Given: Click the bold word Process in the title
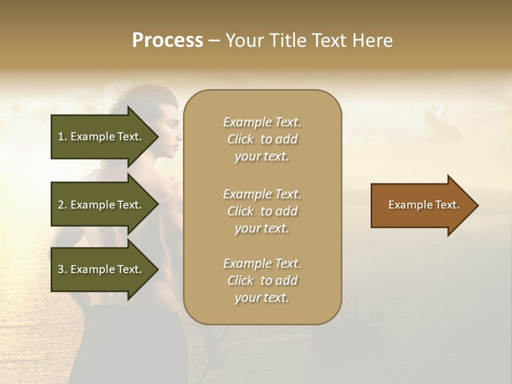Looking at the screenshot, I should tap(167, 41).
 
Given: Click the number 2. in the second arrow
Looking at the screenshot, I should tap(62, 205).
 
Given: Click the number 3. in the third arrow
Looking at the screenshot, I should tap(62, 269).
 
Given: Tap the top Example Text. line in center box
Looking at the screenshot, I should tap(262, 122).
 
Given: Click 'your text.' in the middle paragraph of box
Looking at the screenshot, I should tap(261, 228).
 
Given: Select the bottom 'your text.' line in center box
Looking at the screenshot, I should tap(261, 298).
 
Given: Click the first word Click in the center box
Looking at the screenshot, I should tap(241, 139).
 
